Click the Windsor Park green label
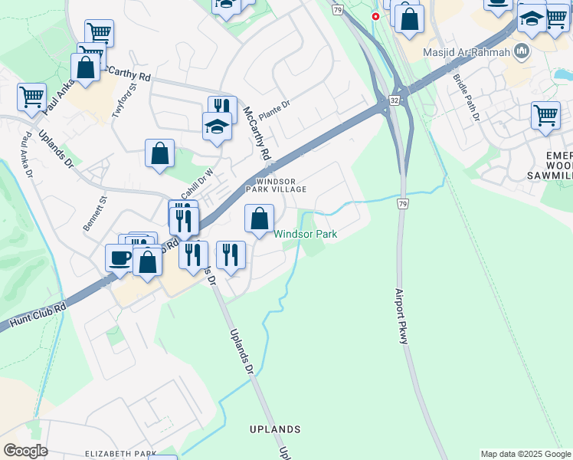pyautogui.click(x=306, y=234)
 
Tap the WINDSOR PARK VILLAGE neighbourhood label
pyautogui.click(x=276, y=185)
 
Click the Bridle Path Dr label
pyautogui.click(x=466, y=97)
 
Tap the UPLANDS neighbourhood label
pyautogui.click(x=275, y=429)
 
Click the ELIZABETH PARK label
pyautogui.click(x=120, y=454)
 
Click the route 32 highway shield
pyautogui.click(x=393, y=100)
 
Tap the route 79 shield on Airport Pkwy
pyautogui.click(x=402, y=204)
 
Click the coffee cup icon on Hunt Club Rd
pyautogui.click(x=119, y=258)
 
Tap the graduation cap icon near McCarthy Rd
pyautogui.click(x=218, y=126)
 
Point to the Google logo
pyautogui.click(x=25, y=451)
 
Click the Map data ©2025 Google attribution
pyautogui.click(x=526, y=454)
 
